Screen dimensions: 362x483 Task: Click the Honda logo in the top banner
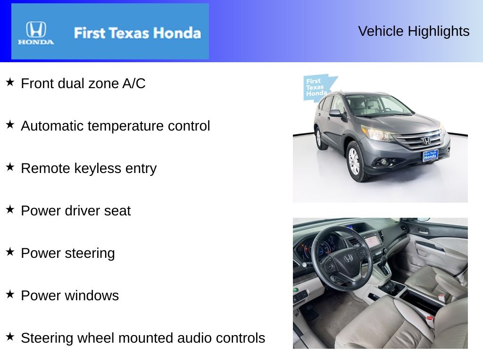[x=36, y=32]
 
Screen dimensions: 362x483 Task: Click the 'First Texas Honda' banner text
[x=137, y=33]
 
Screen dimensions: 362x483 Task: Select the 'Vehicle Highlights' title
[x=414, y=31]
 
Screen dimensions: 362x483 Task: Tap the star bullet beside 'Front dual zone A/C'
[x=10, y=82]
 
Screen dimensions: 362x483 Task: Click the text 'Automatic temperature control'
[x=116, y=126]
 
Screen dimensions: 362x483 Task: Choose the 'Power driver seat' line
[x=75, y=211]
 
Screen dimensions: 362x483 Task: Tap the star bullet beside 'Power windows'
[x=10, y=295]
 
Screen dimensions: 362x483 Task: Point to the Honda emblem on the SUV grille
[x=426, y=140]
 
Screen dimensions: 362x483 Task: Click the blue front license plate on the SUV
[x=430, y=155]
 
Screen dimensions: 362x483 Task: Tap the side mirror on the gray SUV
[x=335, y=113]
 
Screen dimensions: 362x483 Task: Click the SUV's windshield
[x=377, y=105]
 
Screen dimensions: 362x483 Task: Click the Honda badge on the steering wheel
[x=348, y=258]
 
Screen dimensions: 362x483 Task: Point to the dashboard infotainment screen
[x=372, y=241]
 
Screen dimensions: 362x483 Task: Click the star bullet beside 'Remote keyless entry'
[x=10, y=167]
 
